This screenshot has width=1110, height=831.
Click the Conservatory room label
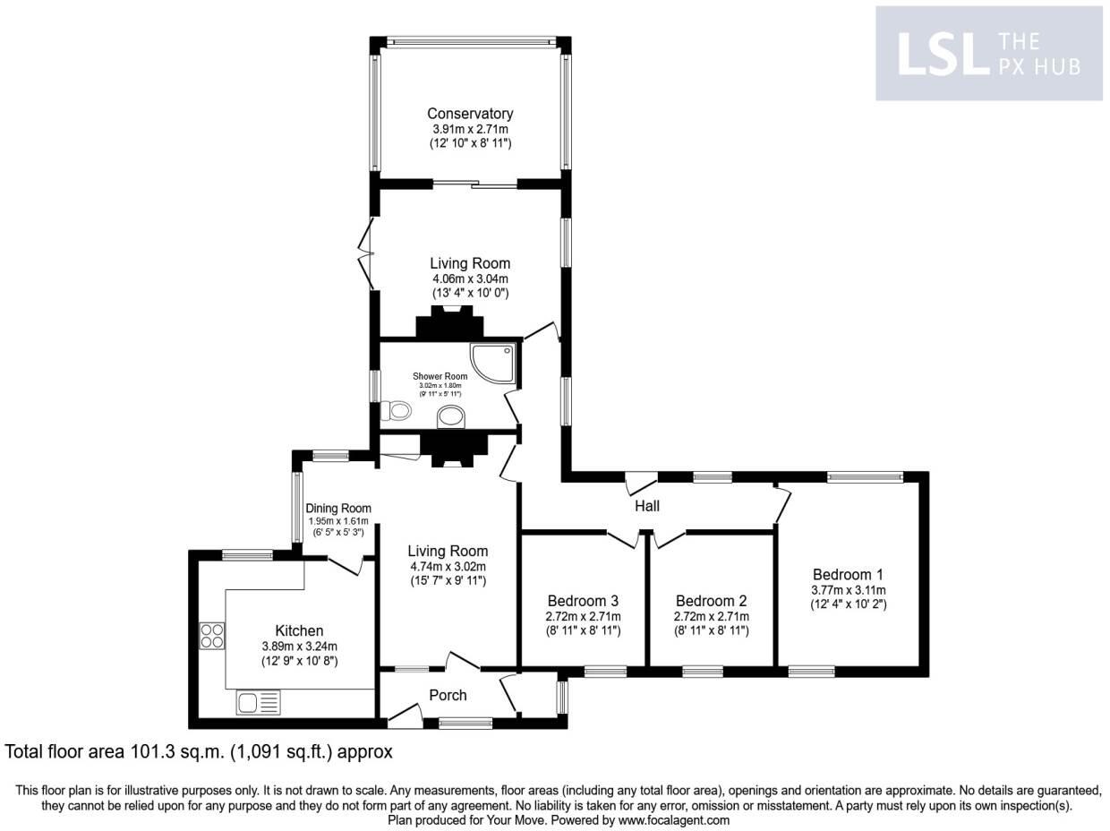[470, 114]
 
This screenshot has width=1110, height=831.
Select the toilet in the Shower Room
[395, 411]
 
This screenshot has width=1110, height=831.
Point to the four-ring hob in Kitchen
[212, 636]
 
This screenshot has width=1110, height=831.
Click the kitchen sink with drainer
[259, 702]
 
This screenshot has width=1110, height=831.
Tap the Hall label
[647, 506]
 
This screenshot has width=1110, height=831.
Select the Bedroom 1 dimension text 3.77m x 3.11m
[849, 590]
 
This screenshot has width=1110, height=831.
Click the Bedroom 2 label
[711, 601]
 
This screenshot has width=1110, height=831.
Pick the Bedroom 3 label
[583, 601]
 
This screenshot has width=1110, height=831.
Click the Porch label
[448, 695]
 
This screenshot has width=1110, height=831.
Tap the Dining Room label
[338, 508]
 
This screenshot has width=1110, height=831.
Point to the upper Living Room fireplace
[448, 324]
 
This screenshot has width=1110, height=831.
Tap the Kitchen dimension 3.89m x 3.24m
[299, 647]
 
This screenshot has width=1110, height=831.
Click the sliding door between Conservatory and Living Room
[475, 185]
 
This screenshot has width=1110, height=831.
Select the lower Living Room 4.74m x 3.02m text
[448, 567]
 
